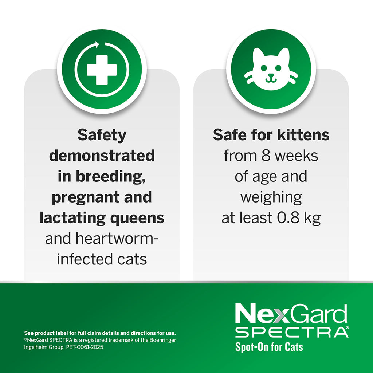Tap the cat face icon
[271, 69]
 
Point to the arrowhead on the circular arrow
[97, 45]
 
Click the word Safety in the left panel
[102, 136]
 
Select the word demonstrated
[102, 156]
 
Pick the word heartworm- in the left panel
[117, 239]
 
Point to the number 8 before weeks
[265, 156]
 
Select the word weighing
[271, 197]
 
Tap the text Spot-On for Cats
[269, 346]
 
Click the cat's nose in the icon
[271, 74]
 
